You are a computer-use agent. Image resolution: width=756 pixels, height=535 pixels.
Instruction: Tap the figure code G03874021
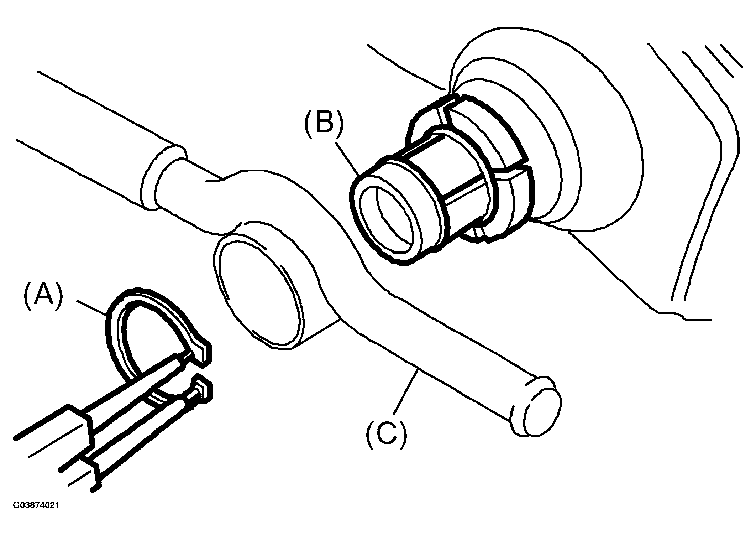click(x=36, y=505)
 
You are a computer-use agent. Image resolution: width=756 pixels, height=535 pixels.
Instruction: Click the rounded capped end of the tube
click(x=537, y=406)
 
